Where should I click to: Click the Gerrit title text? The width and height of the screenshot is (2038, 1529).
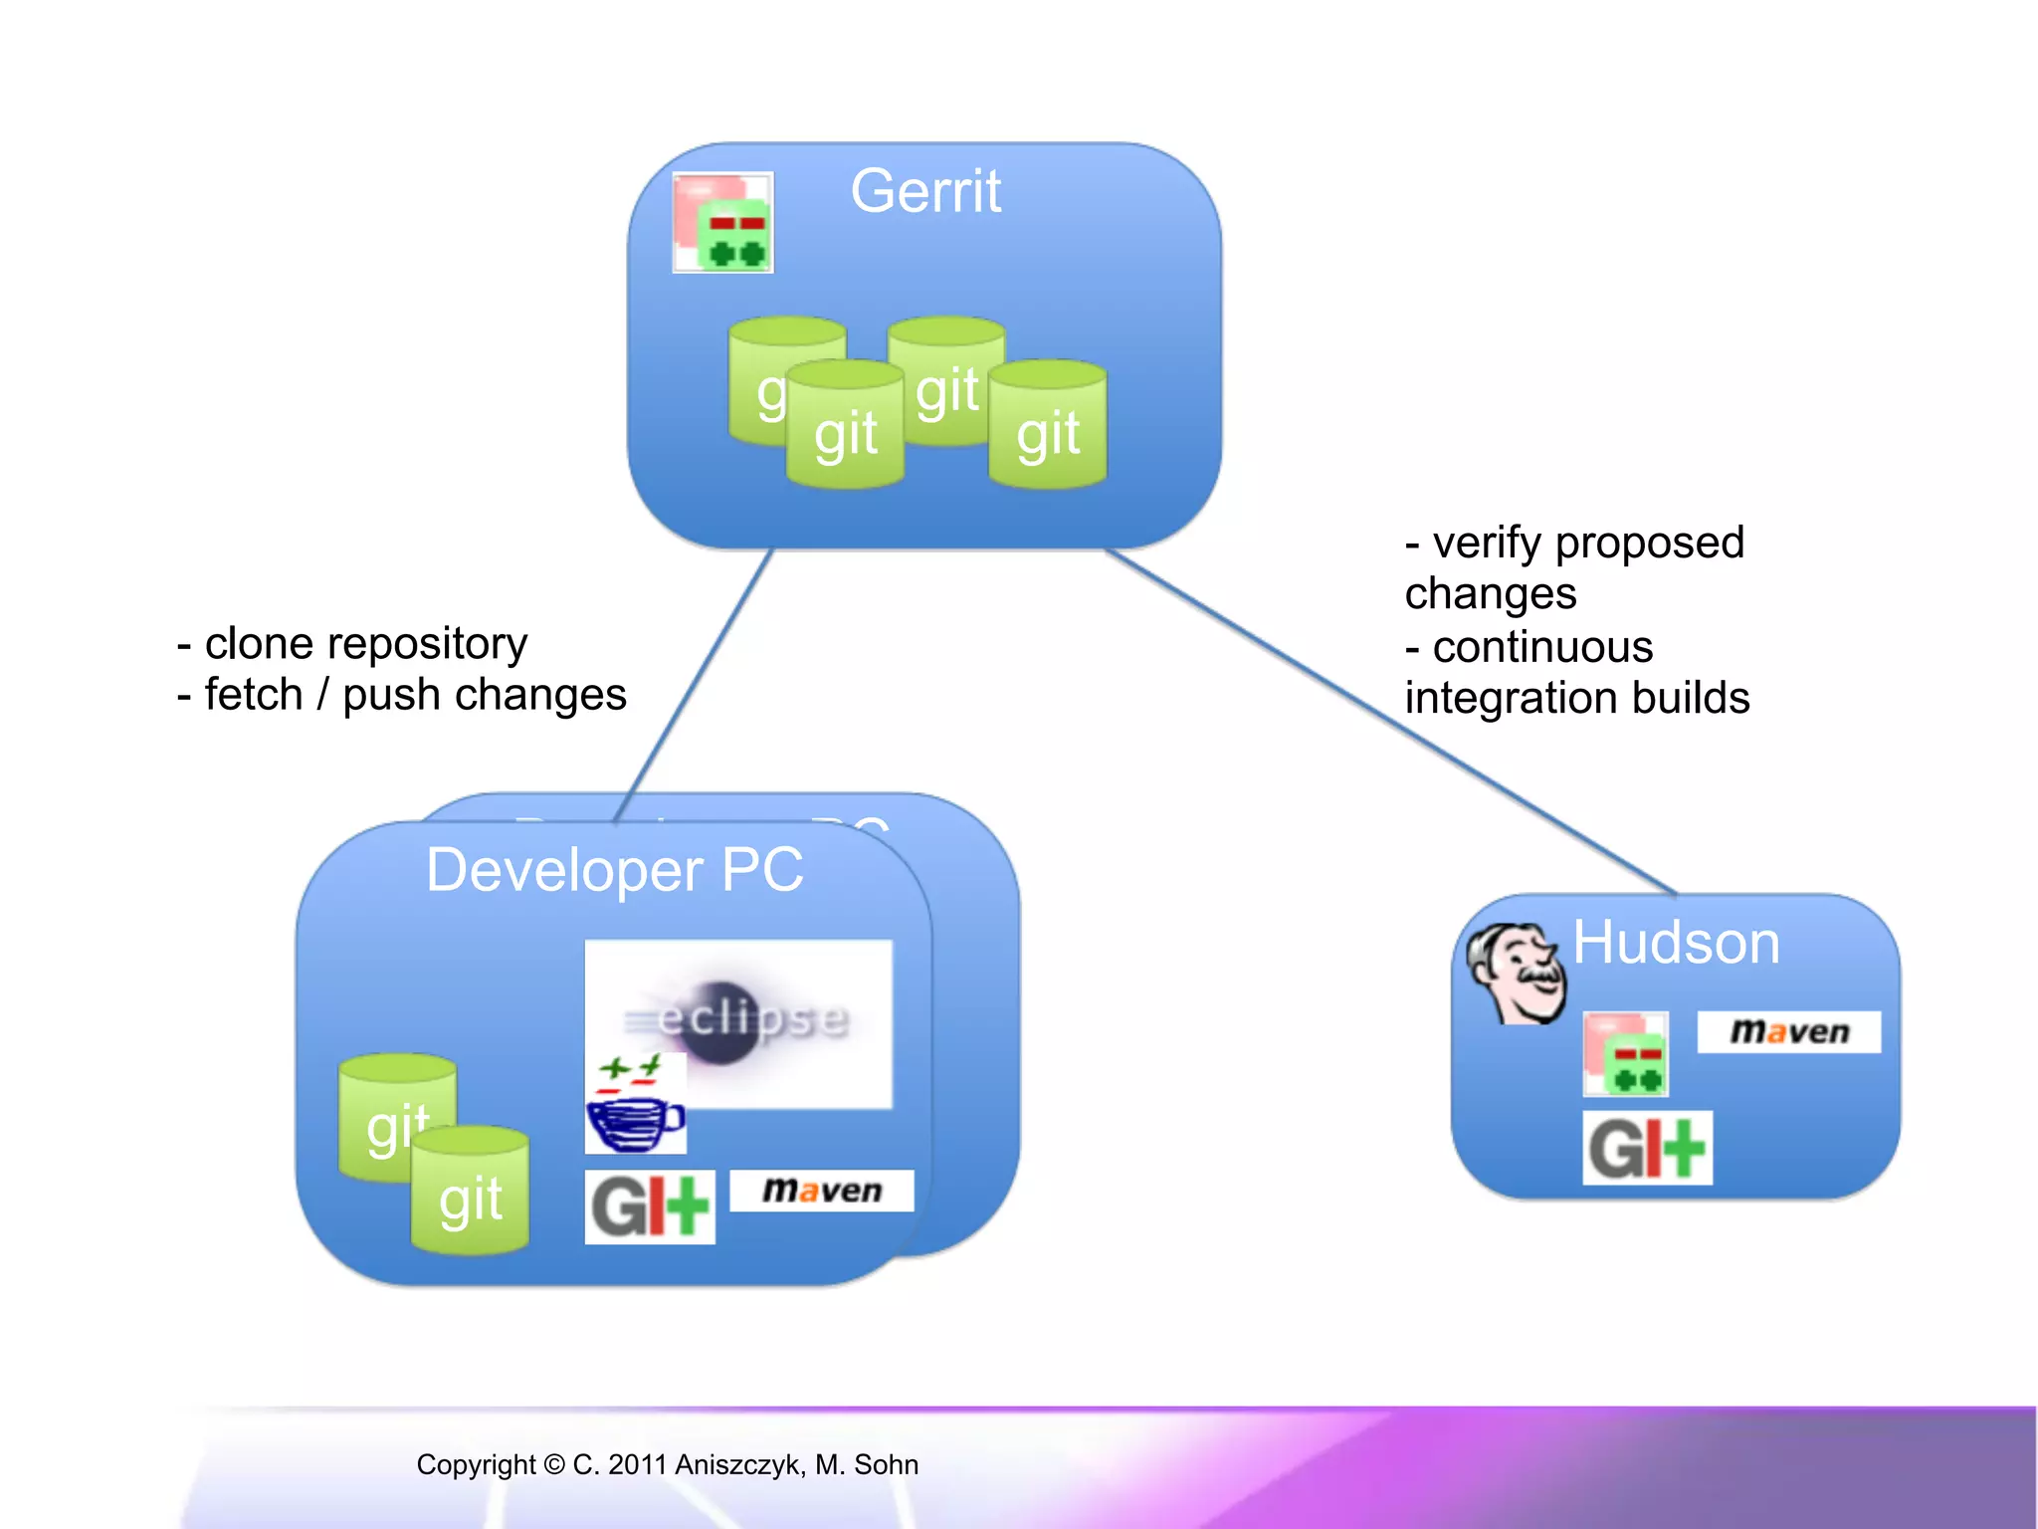(x=925, y=191)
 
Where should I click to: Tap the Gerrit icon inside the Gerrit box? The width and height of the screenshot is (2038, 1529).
(x=723, y=223)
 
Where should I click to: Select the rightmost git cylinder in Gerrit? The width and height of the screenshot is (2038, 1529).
(x=1048, y=426)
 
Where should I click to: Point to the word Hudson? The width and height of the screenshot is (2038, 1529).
(x=1676, y=942)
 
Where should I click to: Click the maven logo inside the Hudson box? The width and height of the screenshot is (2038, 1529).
(x=1788, y=1031)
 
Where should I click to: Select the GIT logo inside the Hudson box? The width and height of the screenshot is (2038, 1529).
(x=1647, y=1148)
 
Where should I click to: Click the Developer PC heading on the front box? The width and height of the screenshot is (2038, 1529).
(x=614, y=870)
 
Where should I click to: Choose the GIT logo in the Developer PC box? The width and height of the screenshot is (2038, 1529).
(x=650, y=1206)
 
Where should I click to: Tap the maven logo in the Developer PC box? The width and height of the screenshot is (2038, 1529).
(x=821, y=1191)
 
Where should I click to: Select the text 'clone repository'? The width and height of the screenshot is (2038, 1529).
(x=365, y=644)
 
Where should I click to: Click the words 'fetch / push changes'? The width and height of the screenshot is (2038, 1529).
(x=414, y=695)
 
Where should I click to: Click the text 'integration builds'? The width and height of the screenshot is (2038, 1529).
(x=1576, y=698)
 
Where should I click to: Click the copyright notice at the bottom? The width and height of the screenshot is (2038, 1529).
(x=667, y=1464)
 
